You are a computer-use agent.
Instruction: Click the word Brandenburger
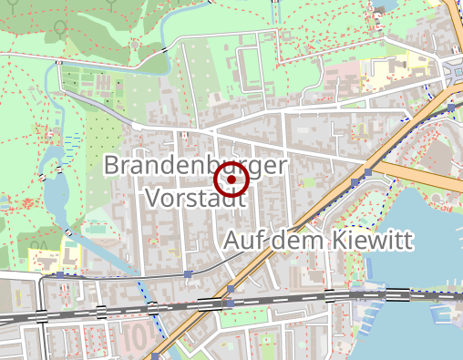point(196,166)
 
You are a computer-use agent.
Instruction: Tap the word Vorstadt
point(194,198)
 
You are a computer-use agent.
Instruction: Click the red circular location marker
point(231,180)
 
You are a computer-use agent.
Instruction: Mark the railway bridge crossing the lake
point(401,295)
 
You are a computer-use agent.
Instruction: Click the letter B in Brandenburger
point(113,166)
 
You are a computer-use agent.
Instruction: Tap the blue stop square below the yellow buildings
point(60,273)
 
